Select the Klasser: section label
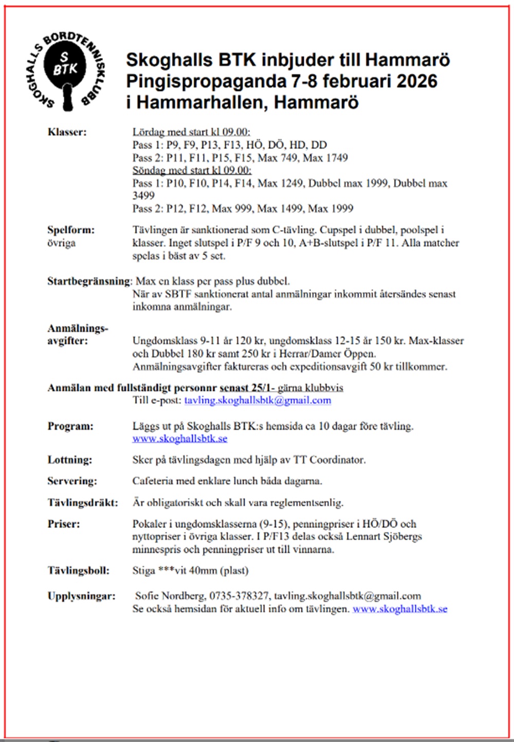(67, 132)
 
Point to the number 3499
(143, 196)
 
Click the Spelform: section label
(71, 230)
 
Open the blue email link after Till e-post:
(258, 401)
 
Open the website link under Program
(180, 439)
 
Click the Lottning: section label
(70, 460)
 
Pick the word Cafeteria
(153, 481)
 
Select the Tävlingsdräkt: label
(83, 503)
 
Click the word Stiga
(143, 570)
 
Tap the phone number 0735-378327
(238, 596)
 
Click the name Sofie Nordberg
(169, 596)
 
